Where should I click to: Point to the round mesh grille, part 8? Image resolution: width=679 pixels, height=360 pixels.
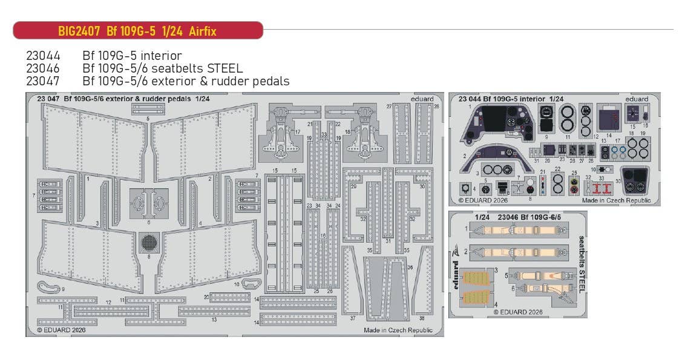coord(148,243)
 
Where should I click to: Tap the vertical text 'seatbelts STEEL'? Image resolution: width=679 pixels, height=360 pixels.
coord(582,264)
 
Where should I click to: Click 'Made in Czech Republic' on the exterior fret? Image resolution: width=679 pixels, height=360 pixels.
coord(398,330)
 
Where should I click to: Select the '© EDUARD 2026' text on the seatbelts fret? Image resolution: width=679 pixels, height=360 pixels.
coord(518,312)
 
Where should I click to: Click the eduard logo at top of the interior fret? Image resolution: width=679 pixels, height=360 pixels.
coord(636,99)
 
